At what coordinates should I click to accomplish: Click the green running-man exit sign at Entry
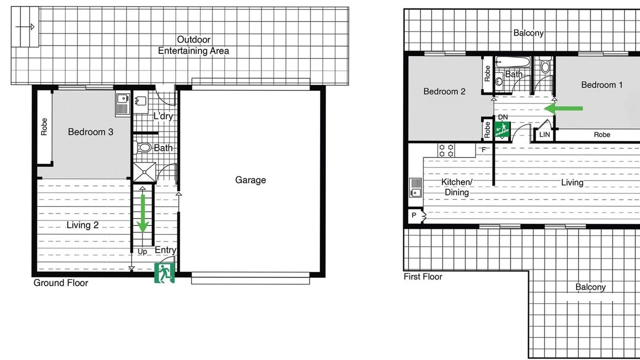164,273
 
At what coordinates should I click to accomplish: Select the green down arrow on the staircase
142,213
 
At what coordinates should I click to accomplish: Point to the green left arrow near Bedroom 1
563,108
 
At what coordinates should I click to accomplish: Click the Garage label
250,180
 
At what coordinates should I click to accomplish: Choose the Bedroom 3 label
90,132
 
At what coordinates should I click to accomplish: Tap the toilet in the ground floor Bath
143,147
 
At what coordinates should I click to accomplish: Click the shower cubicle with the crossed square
144,172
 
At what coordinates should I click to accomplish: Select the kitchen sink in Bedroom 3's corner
123,103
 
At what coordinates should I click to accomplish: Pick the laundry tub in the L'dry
140,101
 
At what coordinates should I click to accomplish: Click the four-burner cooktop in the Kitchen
446,150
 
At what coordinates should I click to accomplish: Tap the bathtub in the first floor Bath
513,61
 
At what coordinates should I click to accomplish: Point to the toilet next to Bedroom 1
545,64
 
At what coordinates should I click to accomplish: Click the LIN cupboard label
544,134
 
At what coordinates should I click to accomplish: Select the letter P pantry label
414,215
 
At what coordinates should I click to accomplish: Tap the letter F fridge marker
483,149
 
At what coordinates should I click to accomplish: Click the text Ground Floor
61,283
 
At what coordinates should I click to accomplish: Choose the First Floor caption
423,276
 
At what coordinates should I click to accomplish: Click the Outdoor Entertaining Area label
193,45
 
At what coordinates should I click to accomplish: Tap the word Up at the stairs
142,251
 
